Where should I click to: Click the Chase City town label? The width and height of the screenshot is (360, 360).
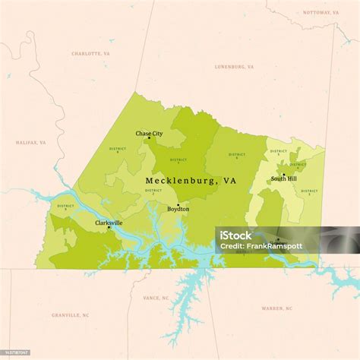(149, 133)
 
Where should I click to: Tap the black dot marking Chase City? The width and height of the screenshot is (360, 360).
(149, 138)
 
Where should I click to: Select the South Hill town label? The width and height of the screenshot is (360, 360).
(284, 179)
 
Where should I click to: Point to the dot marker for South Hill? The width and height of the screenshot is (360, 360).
(284, 175)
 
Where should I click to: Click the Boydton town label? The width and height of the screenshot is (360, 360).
(178, 209)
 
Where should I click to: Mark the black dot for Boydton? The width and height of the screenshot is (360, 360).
(178, 204)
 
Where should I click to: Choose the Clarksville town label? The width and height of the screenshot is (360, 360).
(109, 223)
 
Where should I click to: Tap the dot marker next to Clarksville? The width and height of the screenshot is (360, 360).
(109, 227)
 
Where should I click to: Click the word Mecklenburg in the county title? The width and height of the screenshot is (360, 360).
(180, 181)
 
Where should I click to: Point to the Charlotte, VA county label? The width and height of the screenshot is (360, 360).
(90, 54)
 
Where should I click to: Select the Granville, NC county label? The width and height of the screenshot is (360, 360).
(71, 314)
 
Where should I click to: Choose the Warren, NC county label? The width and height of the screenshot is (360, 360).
(276, 308)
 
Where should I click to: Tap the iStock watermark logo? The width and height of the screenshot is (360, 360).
(236, 235)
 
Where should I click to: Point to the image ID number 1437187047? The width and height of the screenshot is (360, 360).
(17, 352)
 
